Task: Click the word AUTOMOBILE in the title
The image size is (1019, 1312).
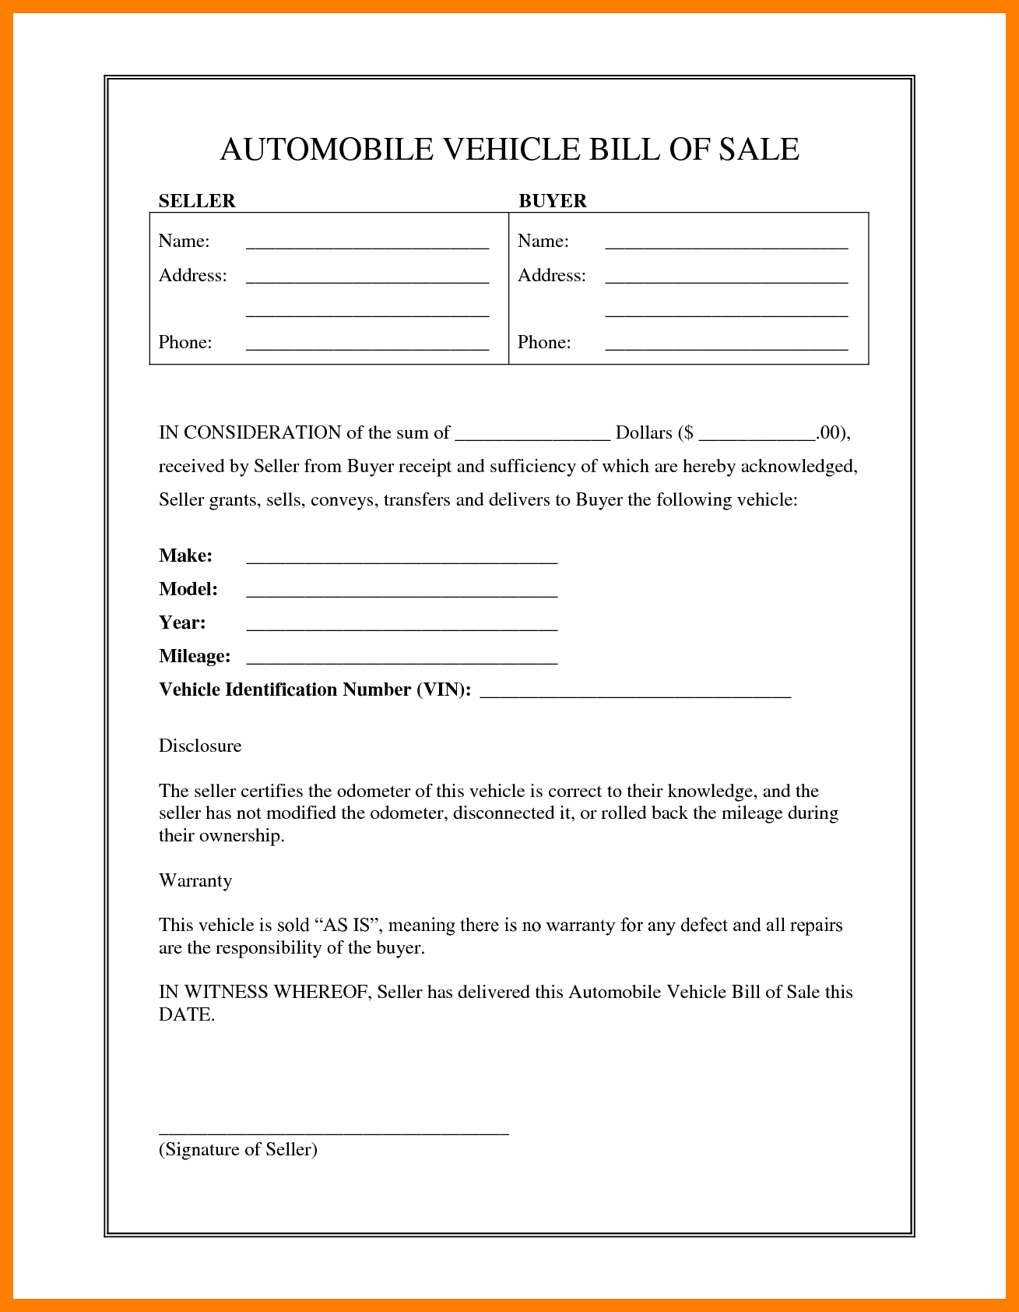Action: pyautogui.click(x=326, y=150)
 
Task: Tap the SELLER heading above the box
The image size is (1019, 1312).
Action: pyautogui.click(x=197, y=201)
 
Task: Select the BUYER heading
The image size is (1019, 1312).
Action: pyautogui.click(x=553, y=201)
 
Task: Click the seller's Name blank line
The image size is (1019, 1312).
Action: pyautogui.click(x=367, y=245)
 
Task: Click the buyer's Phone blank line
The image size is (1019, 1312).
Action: pyautogui.click(x=726, y=347)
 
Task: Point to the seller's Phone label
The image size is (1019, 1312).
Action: pyautogui.click(x=185, y=343)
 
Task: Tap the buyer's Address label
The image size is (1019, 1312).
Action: pyautogui.click(x=552, y=276)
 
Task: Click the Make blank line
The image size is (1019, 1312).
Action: pyautogui.click(x=402, y=560)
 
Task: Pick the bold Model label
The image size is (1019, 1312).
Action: pyautogui.click(x=188, y=589)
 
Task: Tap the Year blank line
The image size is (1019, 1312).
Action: pyautogui.click(x=402, y=627)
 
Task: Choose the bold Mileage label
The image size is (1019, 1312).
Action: pyautogui.click(x=195, y=656)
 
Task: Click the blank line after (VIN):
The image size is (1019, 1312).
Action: pyautogui.click(x=635, y=694)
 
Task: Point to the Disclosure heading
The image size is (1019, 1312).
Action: pyautogui.click(x=200, y=746)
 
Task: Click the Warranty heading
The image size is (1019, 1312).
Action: pyautogui.click(x=195, y=880)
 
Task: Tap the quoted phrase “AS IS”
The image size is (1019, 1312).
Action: pyautogui.click(x=346, y=925)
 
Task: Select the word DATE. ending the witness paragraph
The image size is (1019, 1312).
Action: pyautogui.click(x=187, y=1014)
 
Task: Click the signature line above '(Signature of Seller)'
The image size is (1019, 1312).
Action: pyautogui.click(x=333, y=1133)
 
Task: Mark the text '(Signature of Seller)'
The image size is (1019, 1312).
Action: pyautogui.click(x=238, y=1149)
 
